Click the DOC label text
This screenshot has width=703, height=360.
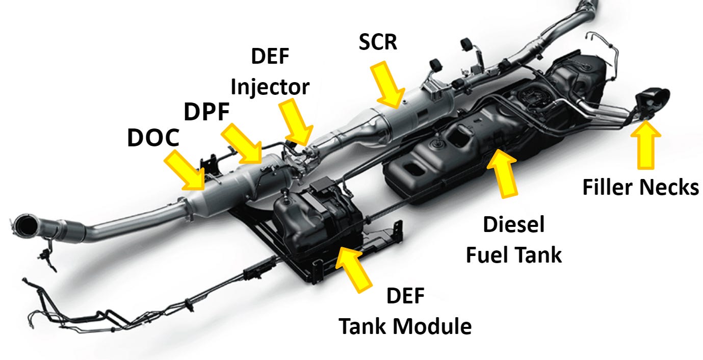[x=153, y=138]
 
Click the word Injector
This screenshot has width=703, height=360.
[x=270, y=87]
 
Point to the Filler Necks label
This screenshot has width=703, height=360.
[x=640, y=187]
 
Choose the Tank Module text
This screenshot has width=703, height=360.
[x=405, y=326]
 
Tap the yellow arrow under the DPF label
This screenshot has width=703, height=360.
[x=242, y=144]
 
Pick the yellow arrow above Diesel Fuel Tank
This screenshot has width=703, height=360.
[x=503, y=171]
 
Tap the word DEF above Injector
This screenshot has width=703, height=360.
[x=270, y=57]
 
